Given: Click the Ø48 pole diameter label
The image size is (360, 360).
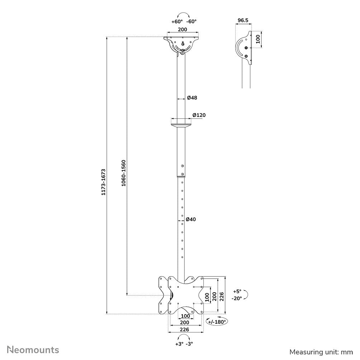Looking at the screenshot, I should [192, 98].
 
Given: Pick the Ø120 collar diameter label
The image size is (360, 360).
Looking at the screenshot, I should [199, 115].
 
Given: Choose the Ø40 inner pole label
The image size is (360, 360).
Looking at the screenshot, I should [191, 219].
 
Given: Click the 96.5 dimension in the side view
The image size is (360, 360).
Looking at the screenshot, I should [243, 21].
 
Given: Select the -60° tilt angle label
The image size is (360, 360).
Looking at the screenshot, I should [191, 22].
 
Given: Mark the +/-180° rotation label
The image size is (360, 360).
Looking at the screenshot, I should [217, 322].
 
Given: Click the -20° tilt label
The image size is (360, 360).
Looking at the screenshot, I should [237, 298].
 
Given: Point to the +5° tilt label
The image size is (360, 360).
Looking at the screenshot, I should [237, 291].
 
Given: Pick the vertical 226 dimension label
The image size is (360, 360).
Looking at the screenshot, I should [222, 296].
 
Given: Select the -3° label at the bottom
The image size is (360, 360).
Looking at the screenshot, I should [189, 344].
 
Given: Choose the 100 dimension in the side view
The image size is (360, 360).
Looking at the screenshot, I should [258, 39].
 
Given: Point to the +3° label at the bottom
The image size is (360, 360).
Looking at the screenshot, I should [179, 344].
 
